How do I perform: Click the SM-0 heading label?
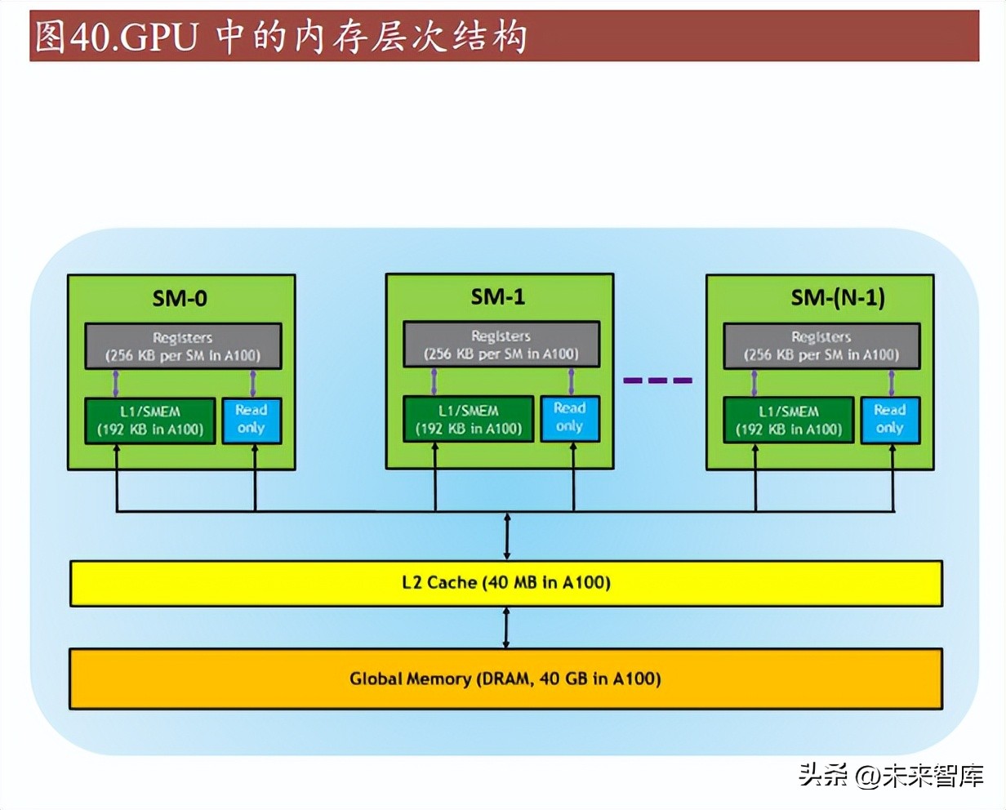point(180,298)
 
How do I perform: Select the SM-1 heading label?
point(498,296)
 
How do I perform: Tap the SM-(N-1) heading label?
point(837,297)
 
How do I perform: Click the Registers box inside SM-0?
point(183,346)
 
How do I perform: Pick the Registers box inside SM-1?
point(501,345)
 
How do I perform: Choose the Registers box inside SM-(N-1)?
point(821,345)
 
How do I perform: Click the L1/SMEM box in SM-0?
point(150,421)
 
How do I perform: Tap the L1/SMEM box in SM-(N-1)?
point(788,421)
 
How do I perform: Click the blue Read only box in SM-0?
point(251,420)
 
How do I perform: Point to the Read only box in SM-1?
point(569,418)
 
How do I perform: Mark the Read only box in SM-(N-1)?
point(889,419)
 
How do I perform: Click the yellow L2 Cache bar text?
point(506,583)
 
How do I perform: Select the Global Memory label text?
point(505,679)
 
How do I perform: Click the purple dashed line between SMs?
point(657,381)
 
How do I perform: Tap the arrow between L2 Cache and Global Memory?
point(506,628)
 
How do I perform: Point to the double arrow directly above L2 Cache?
point(507,536)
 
